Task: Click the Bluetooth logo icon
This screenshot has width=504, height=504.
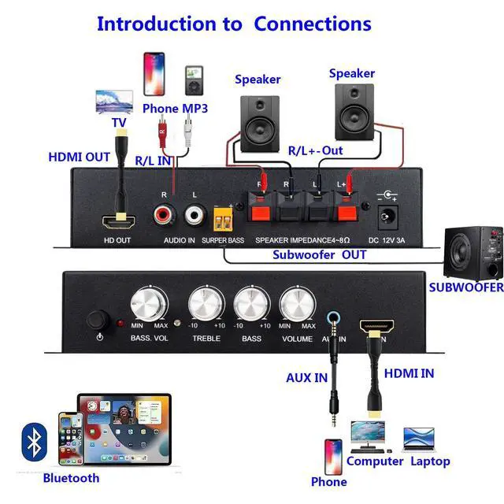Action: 32,443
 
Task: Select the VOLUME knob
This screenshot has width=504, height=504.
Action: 298,303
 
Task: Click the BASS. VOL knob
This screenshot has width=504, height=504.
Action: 149,303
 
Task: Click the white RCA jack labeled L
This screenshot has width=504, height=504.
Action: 195,213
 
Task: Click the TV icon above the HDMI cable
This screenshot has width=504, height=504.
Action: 113,102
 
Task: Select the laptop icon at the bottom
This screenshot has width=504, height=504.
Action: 419,439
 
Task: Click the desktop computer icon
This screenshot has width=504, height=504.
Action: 368,436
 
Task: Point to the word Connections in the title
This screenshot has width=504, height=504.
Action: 312,24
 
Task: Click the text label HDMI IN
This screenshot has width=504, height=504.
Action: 408,373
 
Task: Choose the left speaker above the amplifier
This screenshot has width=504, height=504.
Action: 259,122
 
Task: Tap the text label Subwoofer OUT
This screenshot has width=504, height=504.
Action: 320,255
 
